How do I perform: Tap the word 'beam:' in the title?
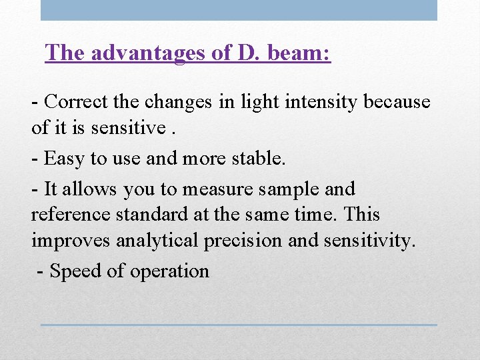(298, 53)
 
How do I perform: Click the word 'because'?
(397, 102)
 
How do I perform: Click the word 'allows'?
(93, 189)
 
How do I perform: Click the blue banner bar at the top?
(239, 10)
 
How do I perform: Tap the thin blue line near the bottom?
(239, 325)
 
